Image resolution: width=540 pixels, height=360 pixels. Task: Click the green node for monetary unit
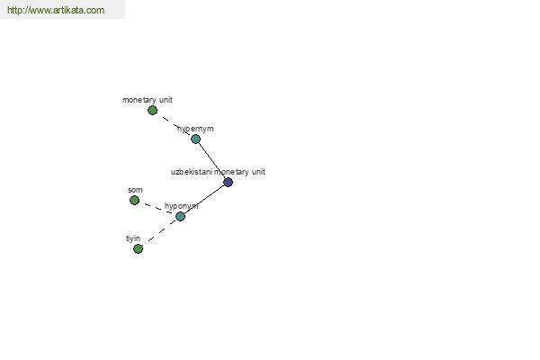[x=153, y=110]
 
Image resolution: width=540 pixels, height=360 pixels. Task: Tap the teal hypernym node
[x=195, y=139]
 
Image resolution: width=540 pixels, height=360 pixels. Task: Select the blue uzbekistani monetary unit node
[x=228, y=182]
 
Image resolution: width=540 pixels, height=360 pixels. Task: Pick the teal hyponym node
[x=180, y=216]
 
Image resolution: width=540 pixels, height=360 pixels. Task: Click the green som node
[x=135, y=200]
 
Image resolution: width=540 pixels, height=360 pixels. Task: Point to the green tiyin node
[x=138, y=248]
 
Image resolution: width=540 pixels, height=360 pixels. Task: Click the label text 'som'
[x=135, y=190]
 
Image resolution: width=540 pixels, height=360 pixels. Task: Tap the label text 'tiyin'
[x=133, y=238]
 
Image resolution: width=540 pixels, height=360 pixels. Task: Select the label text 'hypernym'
[x=195, y=129]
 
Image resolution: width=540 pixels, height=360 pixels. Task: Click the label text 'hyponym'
[x=182, y=206]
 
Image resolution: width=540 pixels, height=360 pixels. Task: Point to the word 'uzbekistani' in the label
[x=192, y=172]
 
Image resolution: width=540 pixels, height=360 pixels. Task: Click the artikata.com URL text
[x=56, y=10]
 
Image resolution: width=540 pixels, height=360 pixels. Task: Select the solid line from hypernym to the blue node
[x=211, y=160]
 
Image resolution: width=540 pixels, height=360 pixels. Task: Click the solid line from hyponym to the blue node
[x=204, y=199]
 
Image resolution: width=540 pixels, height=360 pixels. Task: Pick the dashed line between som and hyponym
[x=158, y=209]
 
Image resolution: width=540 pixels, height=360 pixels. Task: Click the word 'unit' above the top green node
[x=166, y=100]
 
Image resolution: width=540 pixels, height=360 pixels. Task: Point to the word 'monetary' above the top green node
[x=139, y=100]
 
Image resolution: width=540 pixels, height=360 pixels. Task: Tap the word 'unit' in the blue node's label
[x=258, y=172]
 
